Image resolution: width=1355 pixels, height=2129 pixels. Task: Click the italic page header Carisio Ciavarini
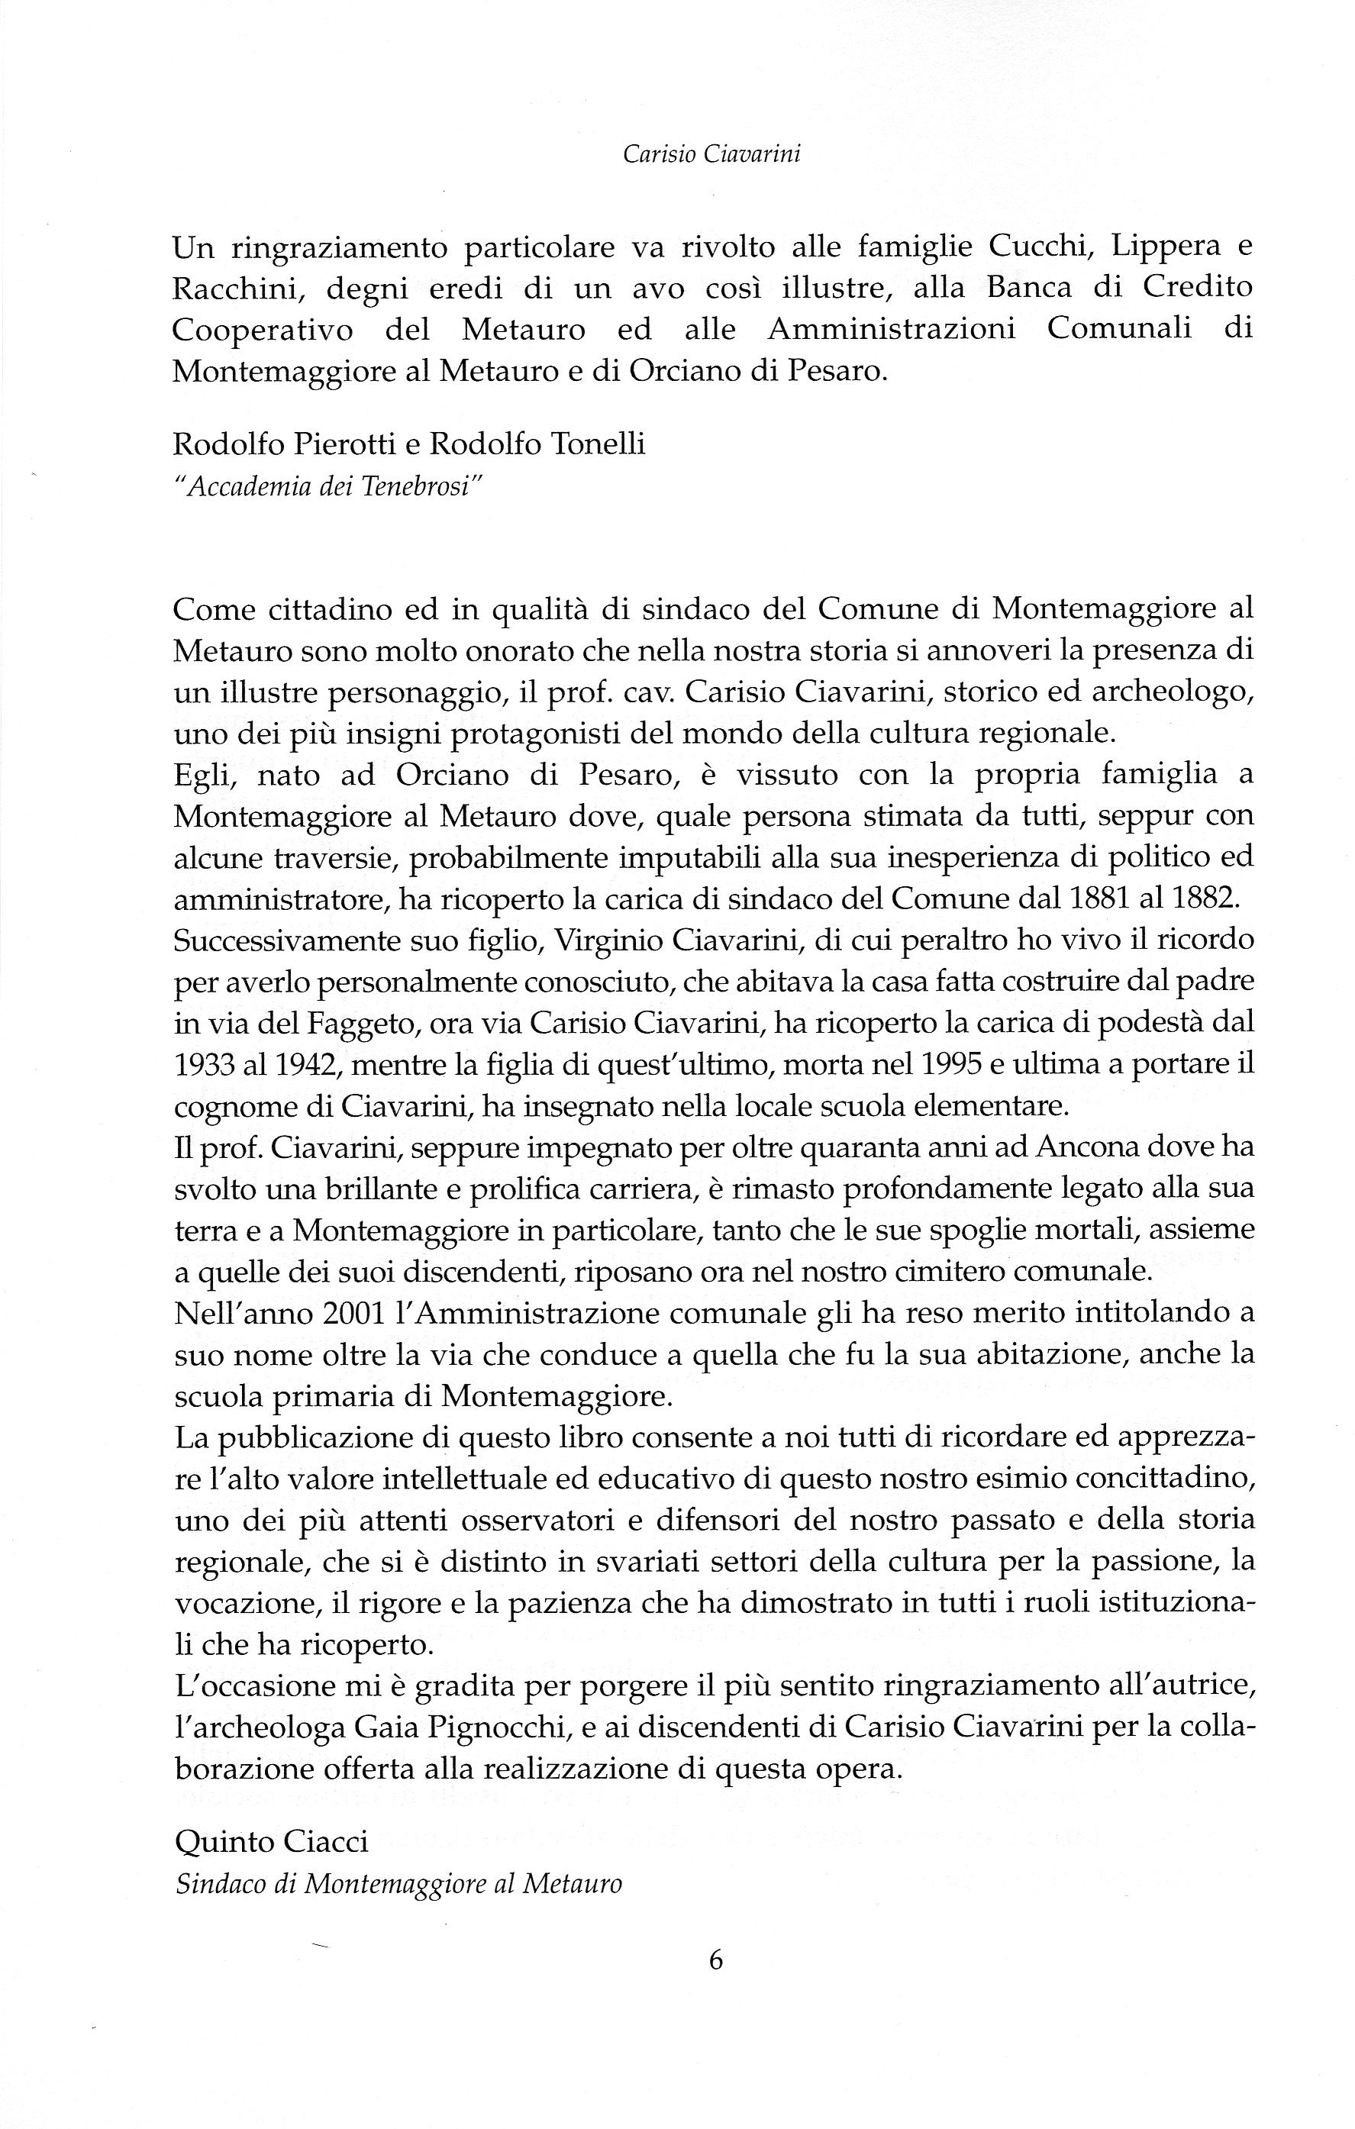click(x=711, y=155)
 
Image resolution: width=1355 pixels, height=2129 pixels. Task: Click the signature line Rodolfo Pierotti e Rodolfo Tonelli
click(x=409, y=444)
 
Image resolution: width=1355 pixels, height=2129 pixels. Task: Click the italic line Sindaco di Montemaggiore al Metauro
click(x=398, y=1883)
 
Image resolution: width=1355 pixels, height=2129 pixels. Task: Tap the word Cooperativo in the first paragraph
click(x=262, y=331)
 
